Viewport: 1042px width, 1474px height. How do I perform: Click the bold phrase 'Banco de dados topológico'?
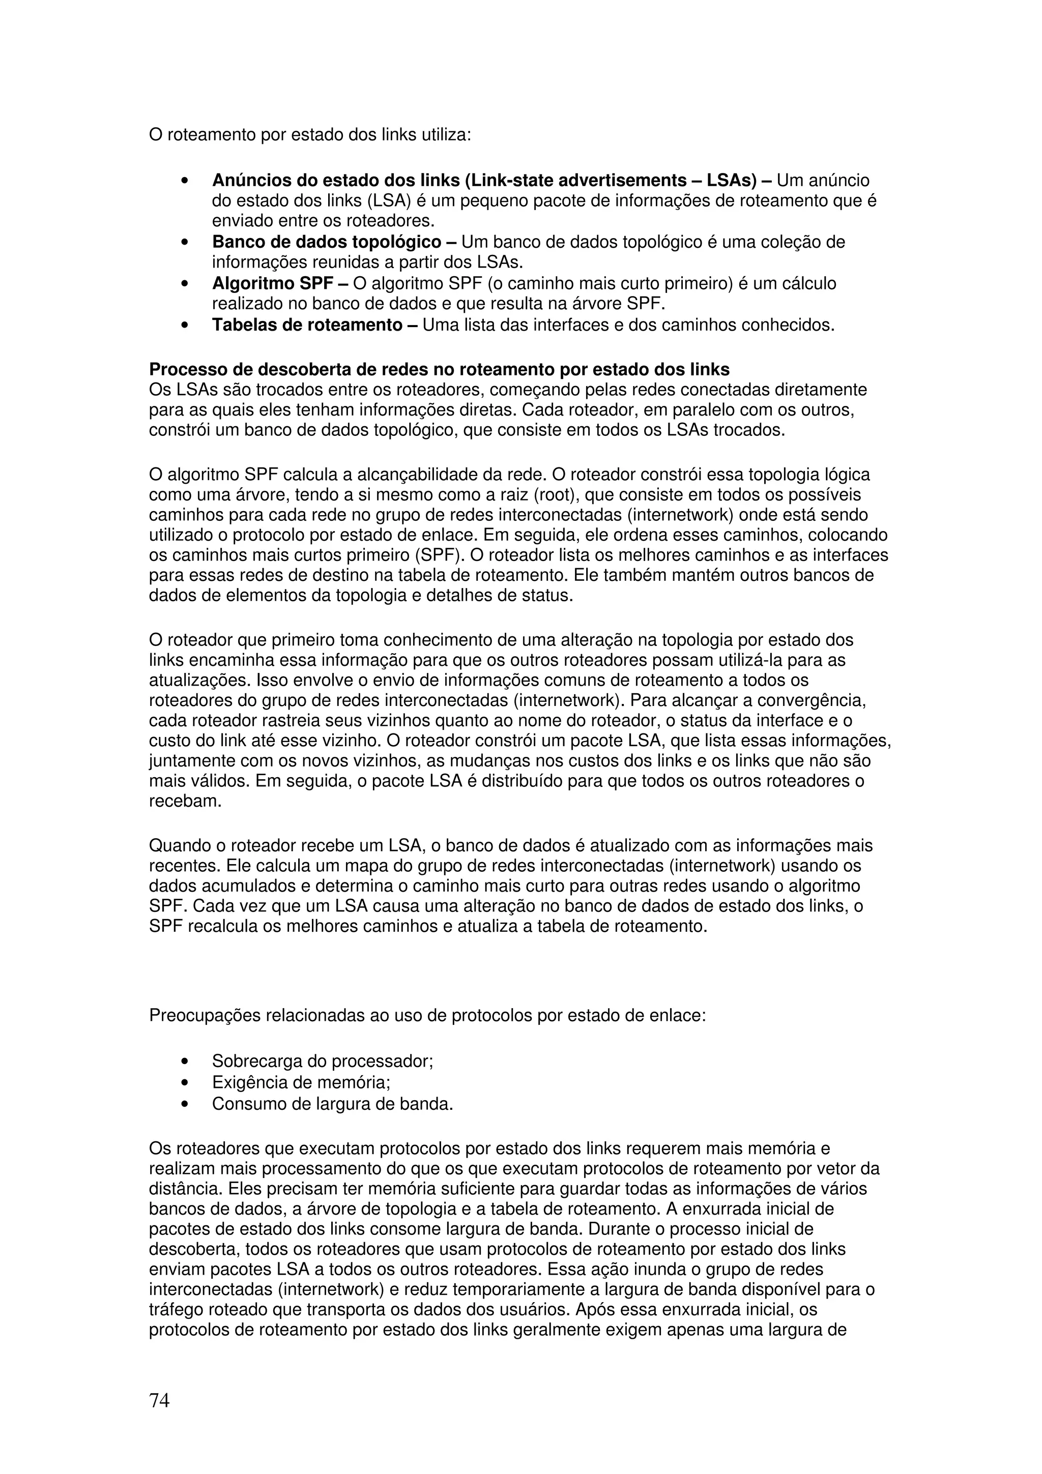click(326, 242)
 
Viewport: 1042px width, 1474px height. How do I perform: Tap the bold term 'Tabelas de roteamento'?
click(307, 325)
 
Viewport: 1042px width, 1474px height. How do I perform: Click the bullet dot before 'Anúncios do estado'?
click(185, 182)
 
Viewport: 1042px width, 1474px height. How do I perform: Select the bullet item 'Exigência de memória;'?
click(301, 1082)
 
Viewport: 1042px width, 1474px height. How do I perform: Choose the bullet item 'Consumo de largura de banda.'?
click(333, 1104)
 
